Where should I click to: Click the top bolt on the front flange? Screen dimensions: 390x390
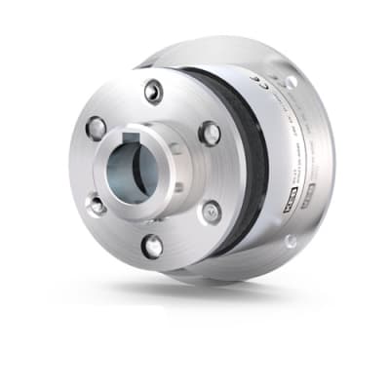152,91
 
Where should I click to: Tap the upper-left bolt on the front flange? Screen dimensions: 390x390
97,127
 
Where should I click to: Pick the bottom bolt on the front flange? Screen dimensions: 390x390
152,246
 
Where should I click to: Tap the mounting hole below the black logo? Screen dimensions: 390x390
290,240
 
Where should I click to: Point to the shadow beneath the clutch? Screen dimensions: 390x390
195,292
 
